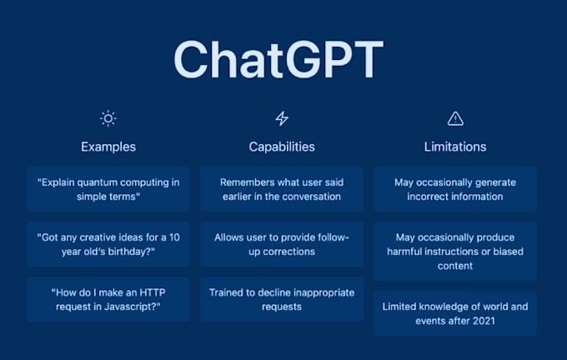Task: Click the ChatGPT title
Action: [278, 60]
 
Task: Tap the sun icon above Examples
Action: [108, 118]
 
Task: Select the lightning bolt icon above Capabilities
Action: [282, 118]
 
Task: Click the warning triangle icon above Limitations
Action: [455, 118]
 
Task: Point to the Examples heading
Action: [108, 147]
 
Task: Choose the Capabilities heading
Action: [282, 147]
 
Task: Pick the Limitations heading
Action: [455, 147]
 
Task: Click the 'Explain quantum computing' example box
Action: [108, 189]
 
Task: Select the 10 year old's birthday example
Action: [108, 244]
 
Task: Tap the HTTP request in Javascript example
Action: [108, 299]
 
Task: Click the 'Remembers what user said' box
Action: [282, 189]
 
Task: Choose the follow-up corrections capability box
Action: [282, 244]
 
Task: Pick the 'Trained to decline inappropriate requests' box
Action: [282, 299]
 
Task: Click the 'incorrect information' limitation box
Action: [455, 189]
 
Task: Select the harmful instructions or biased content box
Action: [455, 252]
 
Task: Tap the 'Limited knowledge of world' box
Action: [455, 313]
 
